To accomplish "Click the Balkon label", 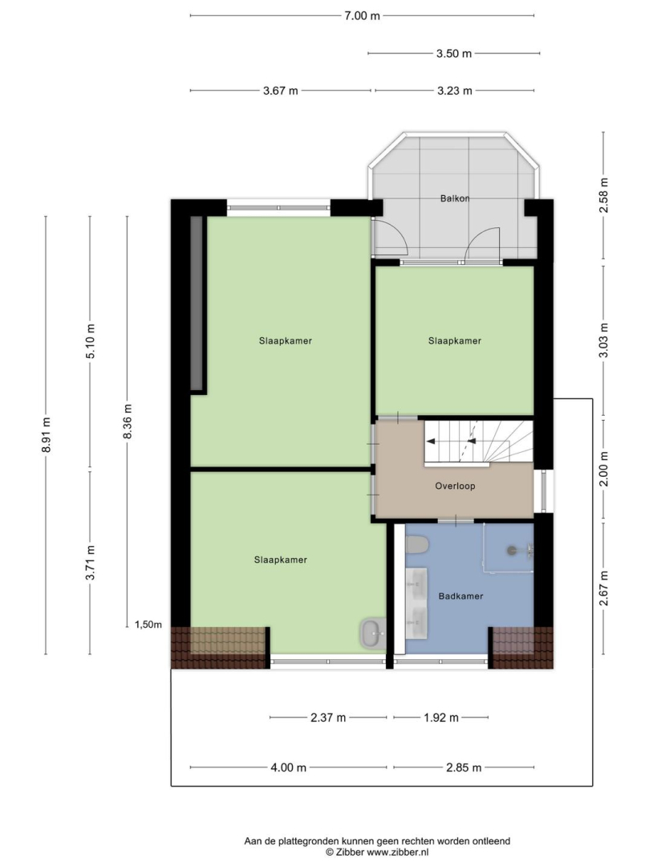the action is [455, 198].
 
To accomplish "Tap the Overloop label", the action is [455, 486].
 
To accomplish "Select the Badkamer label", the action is [460, 596].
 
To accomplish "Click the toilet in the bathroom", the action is [417, 544].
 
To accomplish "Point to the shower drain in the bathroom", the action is [512, 550].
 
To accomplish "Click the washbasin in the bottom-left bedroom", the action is [373, 633].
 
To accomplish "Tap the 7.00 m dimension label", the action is [363, 15].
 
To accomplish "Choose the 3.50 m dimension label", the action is [454, 53].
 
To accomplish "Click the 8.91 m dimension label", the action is [47, 434].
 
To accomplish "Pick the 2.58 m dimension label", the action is [604, 194].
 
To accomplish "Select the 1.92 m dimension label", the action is [440, 718].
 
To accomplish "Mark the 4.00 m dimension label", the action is [288, 767].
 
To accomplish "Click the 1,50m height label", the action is [148, 625].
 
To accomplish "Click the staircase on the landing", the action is [478, 442].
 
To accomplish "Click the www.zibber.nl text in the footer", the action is [398, 853].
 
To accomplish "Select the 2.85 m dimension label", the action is [464, 767].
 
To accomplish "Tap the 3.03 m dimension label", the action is [604, 340].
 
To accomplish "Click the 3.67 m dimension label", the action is [281, 91].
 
